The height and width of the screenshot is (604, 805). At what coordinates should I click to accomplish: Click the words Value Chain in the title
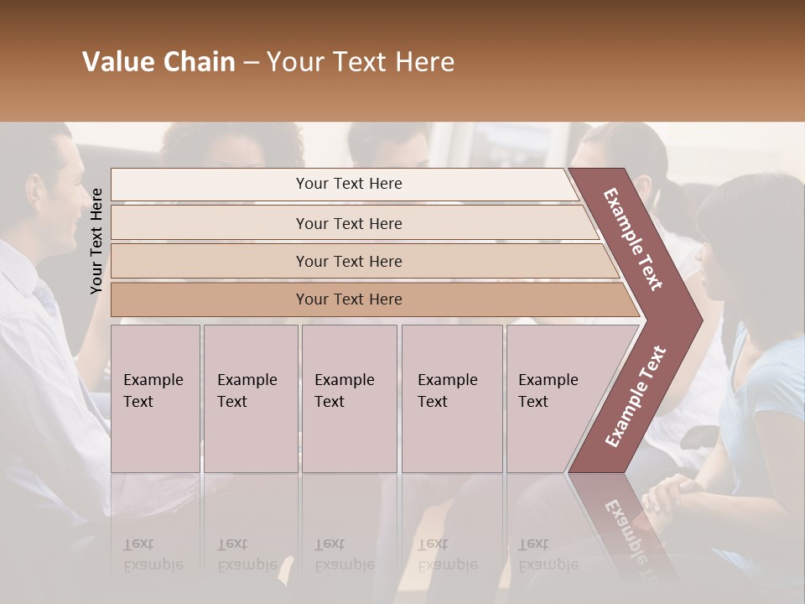pyautogui.click(x=158, y=62)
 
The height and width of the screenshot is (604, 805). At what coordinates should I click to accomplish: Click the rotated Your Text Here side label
pyautogui.click(x=96, y=241)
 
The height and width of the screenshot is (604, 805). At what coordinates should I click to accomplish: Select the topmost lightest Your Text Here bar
pyautogui.click(x=348, y=184)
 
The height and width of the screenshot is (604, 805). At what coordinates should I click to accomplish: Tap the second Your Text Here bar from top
pyautogui.click(x=348, y=223)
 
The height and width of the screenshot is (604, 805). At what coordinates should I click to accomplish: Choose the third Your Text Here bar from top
pyautogui.click(x=348, y=261)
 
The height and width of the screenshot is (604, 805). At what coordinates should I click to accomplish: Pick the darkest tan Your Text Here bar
pyautogui.click(x=348, y=299)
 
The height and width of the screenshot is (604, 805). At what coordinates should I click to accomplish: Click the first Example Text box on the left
pyautogui.click(x=155, y=398)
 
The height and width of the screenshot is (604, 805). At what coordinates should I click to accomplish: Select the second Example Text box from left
pyautogui.click(x=251, y=398)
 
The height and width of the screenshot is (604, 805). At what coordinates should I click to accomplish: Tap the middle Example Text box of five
pyautogui.click(x=349, y=398)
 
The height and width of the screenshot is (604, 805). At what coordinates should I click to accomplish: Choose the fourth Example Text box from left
pyautogui.click(x=451, y=398)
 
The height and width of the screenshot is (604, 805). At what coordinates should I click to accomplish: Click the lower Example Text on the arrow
pyautogui.click(x=636, y=396)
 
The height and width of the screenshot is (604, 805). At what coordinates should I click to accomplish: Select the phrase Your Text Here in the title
pyautogui.click(x=361, y=62)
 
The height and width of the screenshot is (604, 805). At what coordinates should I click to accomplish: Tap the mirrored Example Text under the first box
pyautogui.click(x=153, y=555)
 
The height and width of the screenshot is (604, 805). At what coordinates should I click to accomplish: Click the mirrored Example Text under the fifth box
pyautogui.click(x=548, y=555)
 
